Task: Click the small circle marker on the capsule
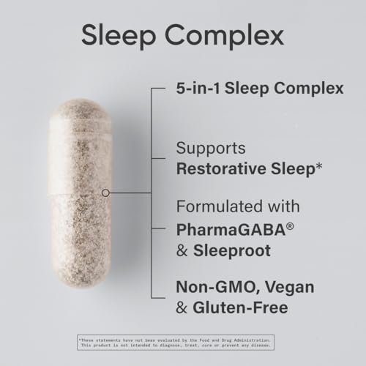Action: tap(106, 193)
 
